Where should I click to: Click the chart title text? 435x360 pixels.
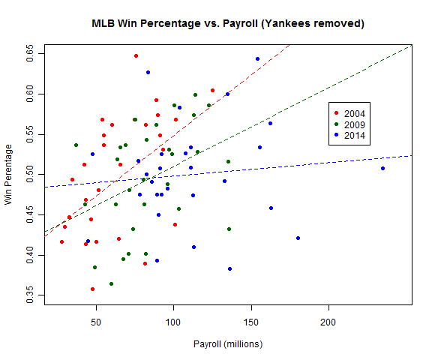tap(228, 23)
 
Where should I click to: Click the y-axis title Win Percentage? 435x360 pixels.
tap(9, 174)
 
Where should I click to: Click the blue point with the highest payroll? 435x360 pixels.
tap(382, 168)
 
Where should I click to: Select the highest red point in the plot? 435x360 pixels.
tap(136, 55)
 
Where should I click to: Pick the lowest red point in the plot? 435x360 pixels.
tap(92, 289)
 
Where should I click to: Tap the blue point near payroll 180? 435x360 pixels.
tap(298, 238)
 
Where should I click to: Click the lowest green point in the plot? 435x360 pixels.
tap(111, 283)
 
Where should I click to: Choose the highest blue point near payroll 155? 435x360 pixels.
tap(257, 58)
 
